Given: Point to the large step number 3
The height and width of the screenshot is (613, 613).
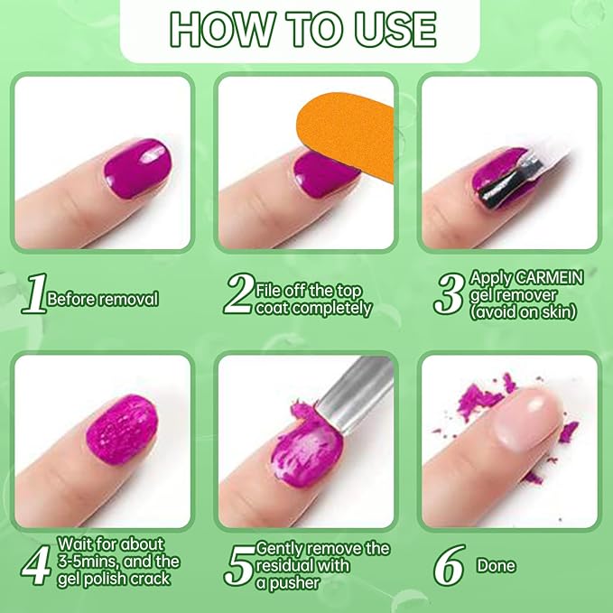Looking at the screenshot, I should pyautogui.click(x=449, y=294).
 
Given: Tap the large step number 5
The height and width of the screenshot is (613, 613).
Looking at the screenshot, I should pyautogui.click(x=239, y=564).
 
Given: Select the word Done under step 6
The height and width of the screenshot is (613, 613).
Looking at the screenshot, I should pyautogui.click(x=496, y=566).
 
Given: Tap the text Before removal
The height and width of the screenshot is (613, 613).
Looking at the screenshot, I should pyautogui.click(x=103, y=299).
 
